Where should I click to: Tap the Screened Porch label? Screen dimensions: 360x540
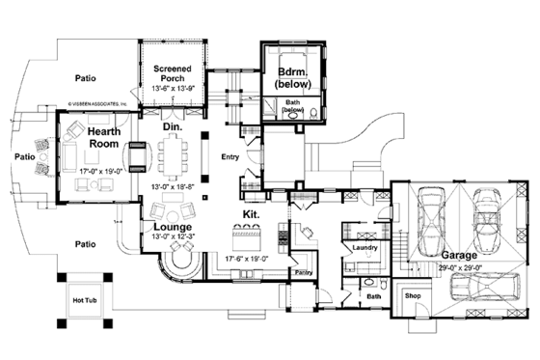[176, 74]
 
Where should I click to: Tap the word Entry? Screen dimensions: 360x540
[229, 156]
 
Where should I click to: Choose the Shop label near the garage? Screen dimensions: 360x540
[413, 296]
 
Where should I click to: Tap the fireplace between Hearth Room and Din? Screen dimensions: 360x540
[137, 154]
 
